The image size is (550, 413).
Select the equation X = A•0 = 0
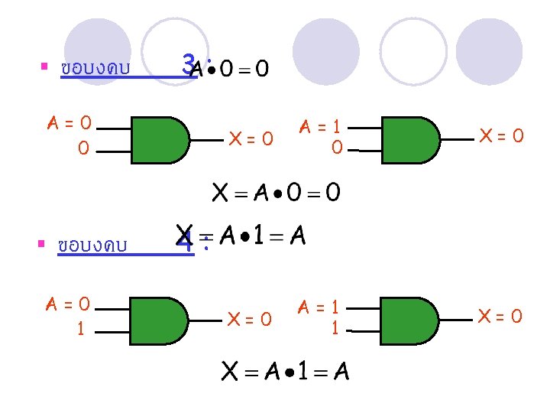pyautogui.click(x=276, y=191)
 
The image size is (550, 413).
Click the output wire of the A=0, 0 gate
pyautogui.click(x=207, y=140)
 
